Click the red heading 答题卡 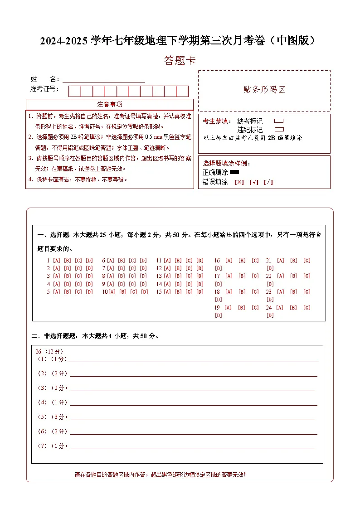click(180, 61)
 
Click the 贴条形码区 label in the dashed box click(264, 90)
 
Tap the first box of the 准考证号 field click(74, 91)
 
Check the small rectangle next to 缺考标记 click(279, 121)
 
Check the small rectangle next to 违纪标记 click(279, 129)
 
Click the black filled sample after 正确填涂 click(234, 172)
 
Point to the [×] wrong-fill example click(239, 182)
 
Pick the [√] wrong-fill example click(253, 182)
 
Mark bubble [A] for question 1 click(57, 261)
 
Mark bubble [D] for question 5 click(89, 292)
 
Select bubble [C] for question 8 click(132, 276)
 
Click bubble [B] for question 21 click(294, 261)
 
